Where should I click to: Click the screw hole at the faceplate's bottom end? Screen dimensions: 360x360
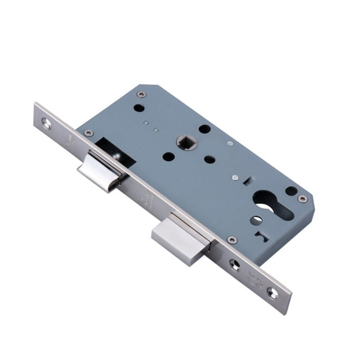click(272, 293)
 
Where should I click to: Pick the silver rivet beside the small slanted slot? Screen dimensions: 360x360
click(235, 178)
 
